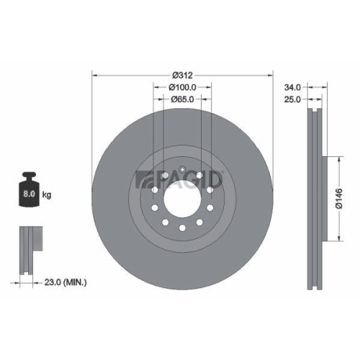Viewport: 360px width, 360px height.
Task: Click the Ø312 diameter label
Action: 184,75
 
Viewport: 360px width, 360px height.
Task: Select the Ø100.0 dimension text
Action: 184,88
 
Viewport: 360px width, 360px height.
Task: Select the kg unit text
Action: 48,194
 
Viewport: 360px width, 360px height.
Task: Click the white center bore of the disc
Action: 183,196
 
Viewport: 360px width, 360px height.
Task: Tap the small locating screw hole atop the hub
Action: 184,170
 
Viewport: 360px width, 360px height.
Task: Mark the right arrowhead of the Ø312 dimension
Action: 271,75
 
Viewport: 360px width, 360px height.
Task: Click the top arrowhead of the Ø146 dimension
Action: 339,158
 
